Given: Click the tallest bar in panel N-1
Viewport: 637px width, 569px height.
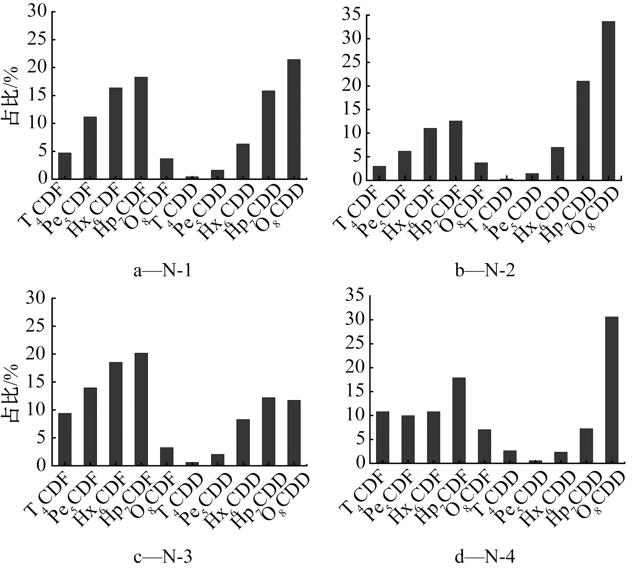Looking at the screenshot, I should [x=294, y=119].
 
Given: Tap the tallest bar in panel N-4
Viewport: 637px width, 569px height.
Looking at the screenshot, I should [x=612, y=390].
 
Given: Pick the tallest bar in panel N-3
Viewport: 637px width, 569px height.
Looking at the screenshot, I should [x=141, y=409].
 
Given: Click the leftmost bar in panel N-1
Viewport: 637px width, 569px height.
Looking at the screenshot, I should [x=65, y=165].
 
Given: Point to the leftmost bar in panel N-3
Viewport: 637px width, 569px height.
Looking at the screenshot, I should [x=65, y=439].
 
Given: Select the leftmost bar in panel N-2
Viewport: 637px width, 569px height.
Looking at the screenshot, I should [x=379, y=173].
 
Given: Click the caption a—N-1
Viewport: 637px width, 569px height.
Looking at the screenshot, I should [x=162, y=271].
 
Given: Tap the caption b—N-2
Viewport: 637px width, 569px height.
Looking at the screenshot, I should [x=485, y=271].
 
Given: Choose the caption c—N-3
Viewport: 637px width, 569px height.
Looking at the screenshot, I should [x=162, y=557].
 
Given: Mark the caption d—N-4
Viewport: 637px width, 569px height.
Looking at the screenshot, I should [x=485, y=557].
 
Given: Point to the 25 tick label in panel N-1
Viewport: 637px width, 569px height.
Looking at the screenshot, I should [x=37, y=40].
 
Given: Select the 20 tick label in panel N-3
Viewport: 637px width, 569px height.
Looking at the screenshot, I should [x=37, y=354].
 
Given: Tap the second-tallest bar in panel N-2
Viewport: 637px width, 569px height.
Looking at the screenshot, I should [x=583, y=131].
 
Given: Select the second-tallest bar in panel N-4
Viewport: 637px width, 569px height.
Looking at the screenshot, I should [x=459, y=420].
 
